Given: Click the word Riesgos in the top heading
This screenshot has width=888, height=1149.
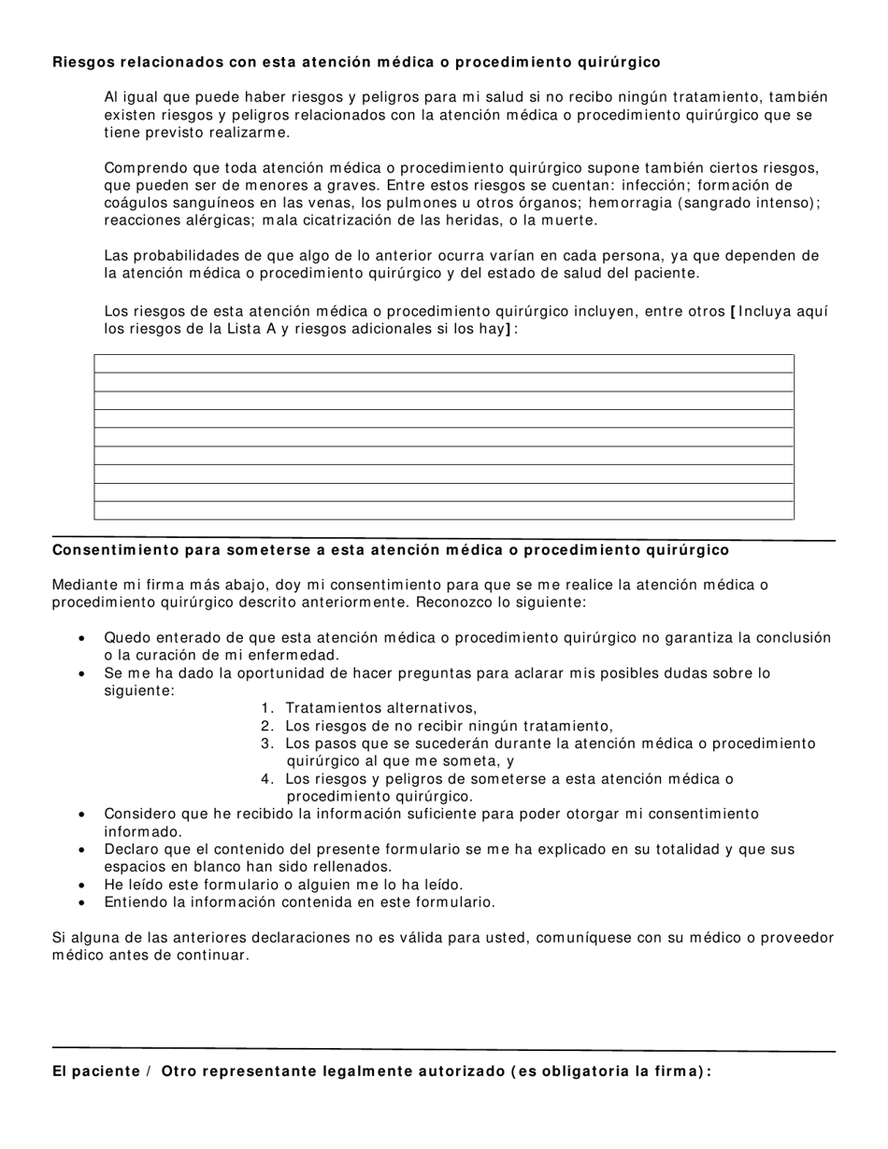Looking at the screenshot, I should click(x=82, y=63).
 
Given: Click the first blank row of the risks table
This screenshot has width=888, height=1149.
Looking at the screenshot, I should click(x=444, y=363).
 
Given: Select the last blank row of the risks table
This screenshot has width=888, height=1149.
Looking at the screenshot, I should click(x=444, y=510).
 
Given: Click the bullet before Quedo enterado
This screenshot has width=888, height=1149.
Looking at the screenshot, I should click(x=83, y=639).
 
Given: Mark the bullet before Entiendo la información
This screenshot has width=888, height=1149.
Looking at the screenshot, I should click(x=83, y=903).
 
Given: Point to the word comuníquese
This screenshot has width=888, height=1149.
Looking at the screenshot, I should click(x=583, y=938).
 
